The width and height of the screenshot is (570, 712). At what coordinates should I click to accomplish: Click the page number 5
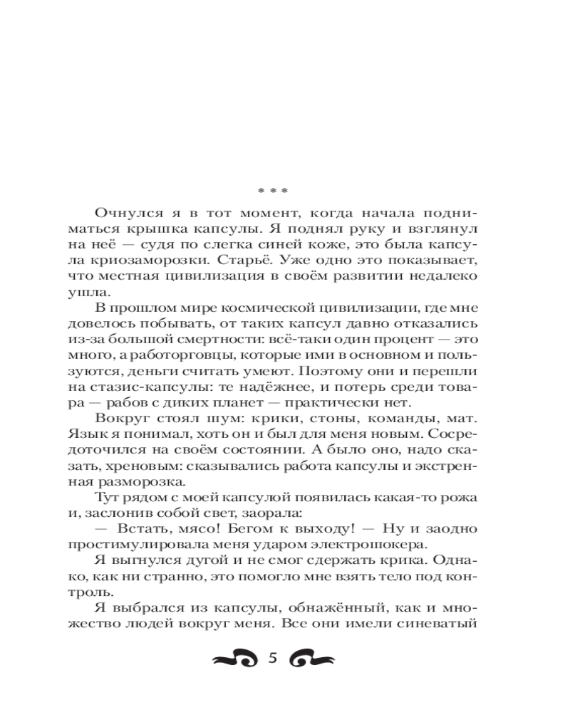click(x=271, y=658)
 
